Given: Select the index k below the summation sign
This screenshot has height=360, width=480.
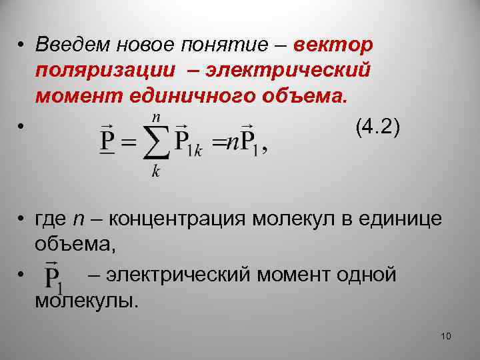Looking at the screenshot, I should coord(155,173).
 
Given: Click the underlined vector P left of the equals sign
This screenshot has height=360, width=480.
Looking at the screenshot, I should coord(106,140).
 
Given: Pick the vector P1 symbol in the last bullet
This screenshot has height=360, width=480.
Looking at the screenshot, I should coord(53,277).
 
